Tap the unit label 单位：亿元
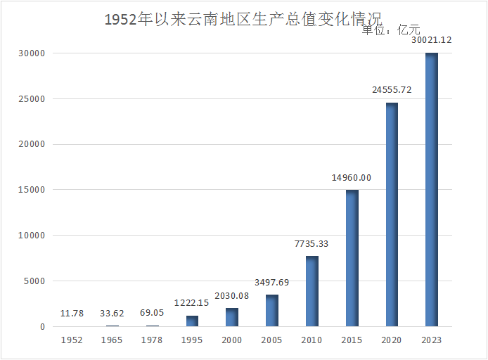[x=390, y=30]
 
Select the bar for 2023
[x=431, y=190]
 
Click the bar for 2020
[x=392, y=214]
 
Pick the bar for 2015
[x=352, y=258]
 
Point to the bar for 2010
[x=312, y=291]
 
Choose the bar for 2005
[x=271, y=310]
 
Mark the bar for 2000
[x=231, y=317]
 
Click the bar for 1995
[x=192, y=321]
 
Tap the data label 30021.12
[x=431, y=40]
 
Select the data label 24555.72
[x=392, y=90]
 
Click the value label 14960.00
[x=352, y=178]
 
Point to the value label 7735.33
[x=312, y=244]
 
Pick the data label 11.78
[x=72, y=314]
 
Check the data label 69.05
[x=152, y=314]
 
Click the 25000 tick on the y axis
[x=32, y=99]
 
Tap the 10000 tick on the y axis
[x=32, y=236]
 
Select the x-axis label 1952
[x=72, y=340]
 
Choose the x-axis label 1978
[x=152, y=340]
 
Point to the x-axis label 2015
[x=352, y=340]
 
